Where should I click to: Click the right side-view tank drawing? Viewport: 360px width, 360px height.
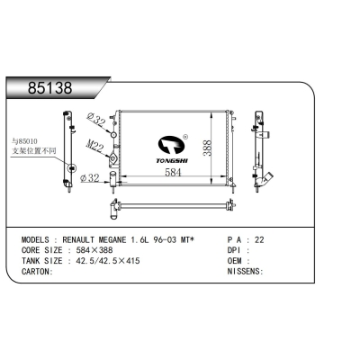[260, 148]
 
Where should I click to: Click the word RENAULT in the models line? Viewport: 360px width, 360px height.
[93, 241]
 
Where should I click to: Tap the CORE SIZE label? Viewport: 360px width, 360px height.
[42, 251]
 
